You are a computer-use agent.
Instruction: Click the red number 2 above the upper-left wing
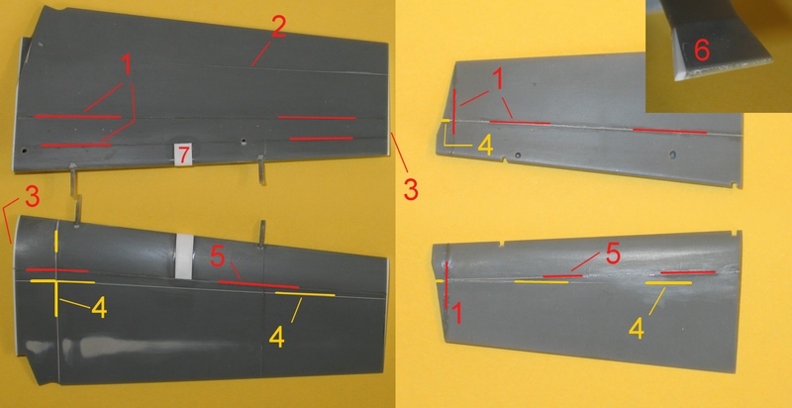click(278, 27)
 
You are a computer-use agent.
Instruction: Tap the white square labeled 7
click(183, 154)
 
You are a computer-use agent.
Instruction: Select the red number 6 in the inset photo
click(702, 51)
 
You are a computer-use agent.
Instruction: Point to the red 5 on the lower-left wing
click(218, 257)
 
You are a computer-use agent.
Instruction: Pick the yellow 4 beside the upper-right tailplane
click(485, 146)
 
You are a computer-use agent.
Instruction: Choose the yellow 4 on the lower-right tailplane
click(637, 329)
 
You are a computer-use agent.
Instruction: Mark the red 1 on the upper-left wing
click(126, 65)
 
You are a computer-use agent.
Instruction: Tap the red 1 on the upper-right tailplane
click(498, 80)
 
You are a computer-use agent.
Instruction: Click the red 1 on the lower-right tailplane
click(458, 315)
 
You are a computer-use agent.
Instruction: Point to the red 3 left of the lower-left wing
click(32, 198)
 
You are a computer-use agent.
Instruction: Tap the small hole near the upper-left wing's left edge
click(23, 150)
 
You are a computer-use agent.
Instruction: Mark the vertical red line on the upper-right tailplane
click(454, 112)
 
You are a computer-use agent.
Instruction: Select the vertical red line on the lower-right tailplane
click(446, 285)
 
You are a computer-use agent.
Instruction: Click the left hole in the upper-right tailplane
click(517, 154)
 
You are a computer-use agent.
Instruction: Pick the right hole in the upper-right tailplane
click(672, 153)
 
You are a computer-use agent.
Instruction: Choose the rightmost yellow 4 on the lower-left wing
click(277, 337)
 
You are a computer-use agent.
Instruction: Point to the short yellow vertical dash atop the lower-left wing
click(56, 242)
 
